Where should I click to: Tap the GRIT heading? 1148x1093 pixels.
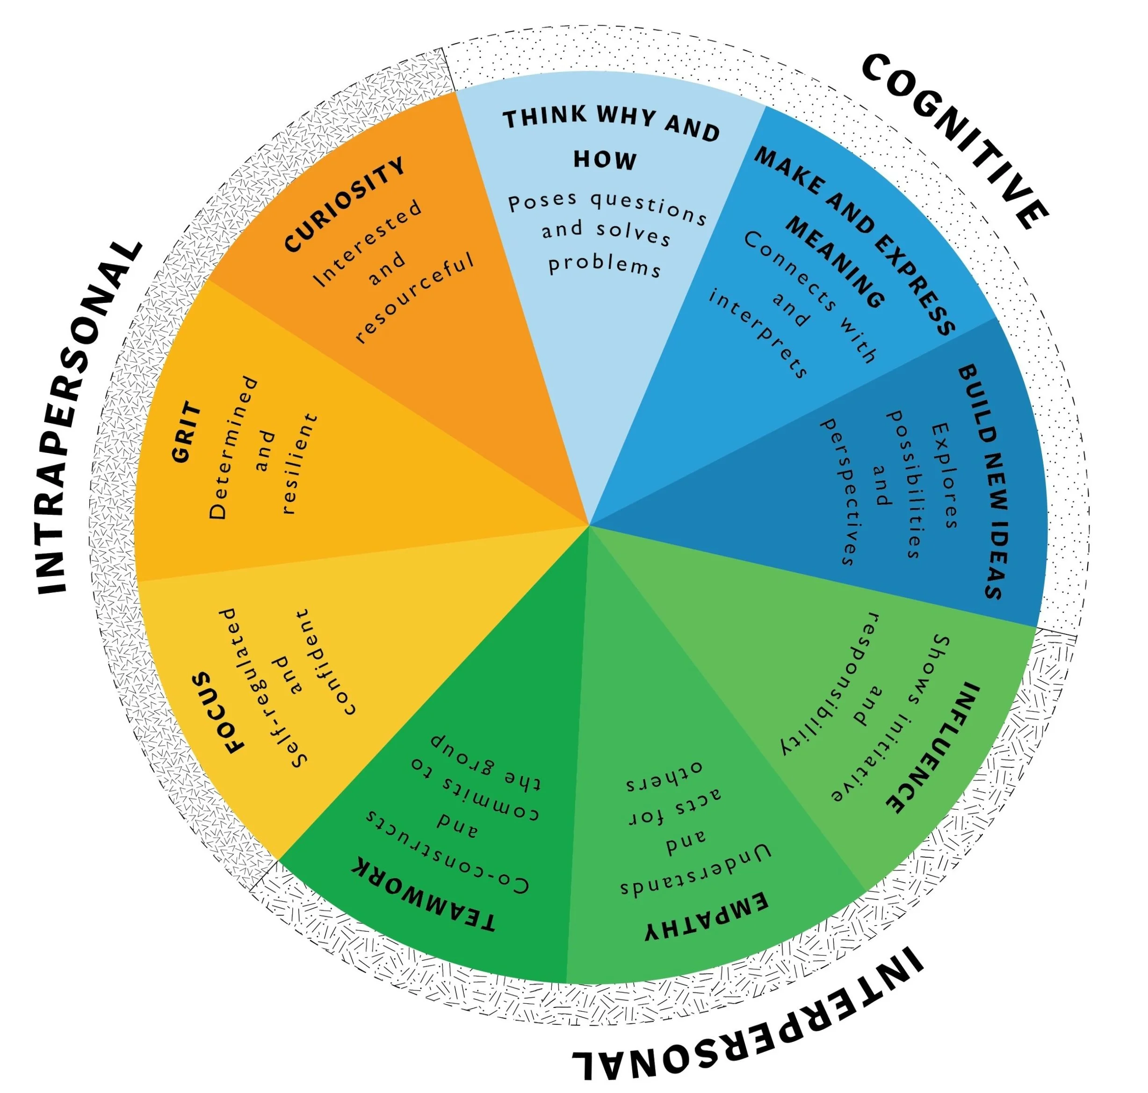click(187, 431)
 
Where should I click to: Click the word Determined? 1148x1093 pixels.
click(233, 447)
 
